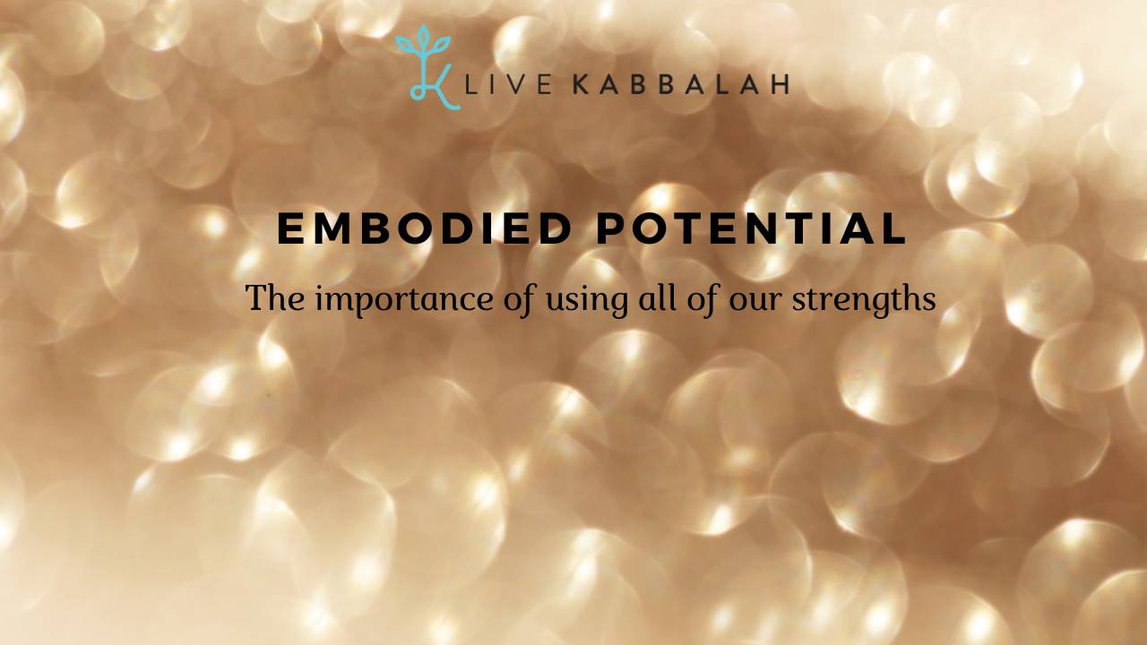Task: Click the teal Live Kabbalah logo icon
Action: (427, 68)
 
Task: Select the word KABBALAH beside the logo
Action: (680, 85)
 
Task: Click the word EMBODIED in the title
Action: (424, 229)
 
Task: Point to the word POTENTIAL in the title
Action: (752, 229)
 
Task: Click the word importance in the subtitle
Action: (391, 299)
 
